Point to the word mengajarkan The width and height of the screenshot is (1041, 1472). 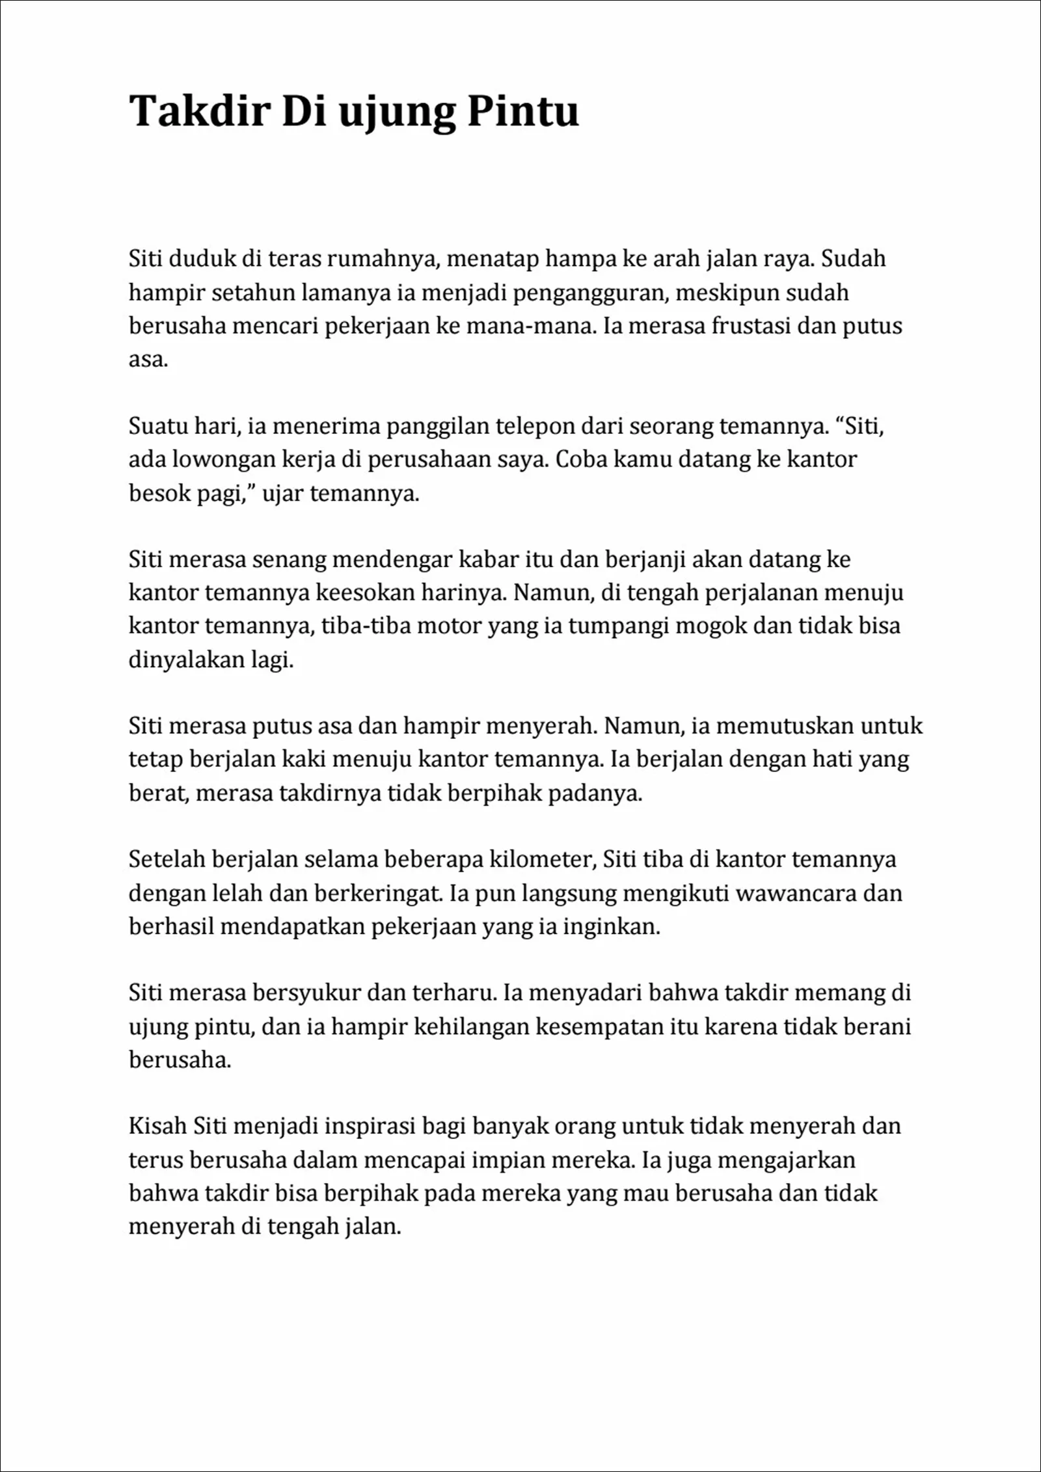coord(793,1160)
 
